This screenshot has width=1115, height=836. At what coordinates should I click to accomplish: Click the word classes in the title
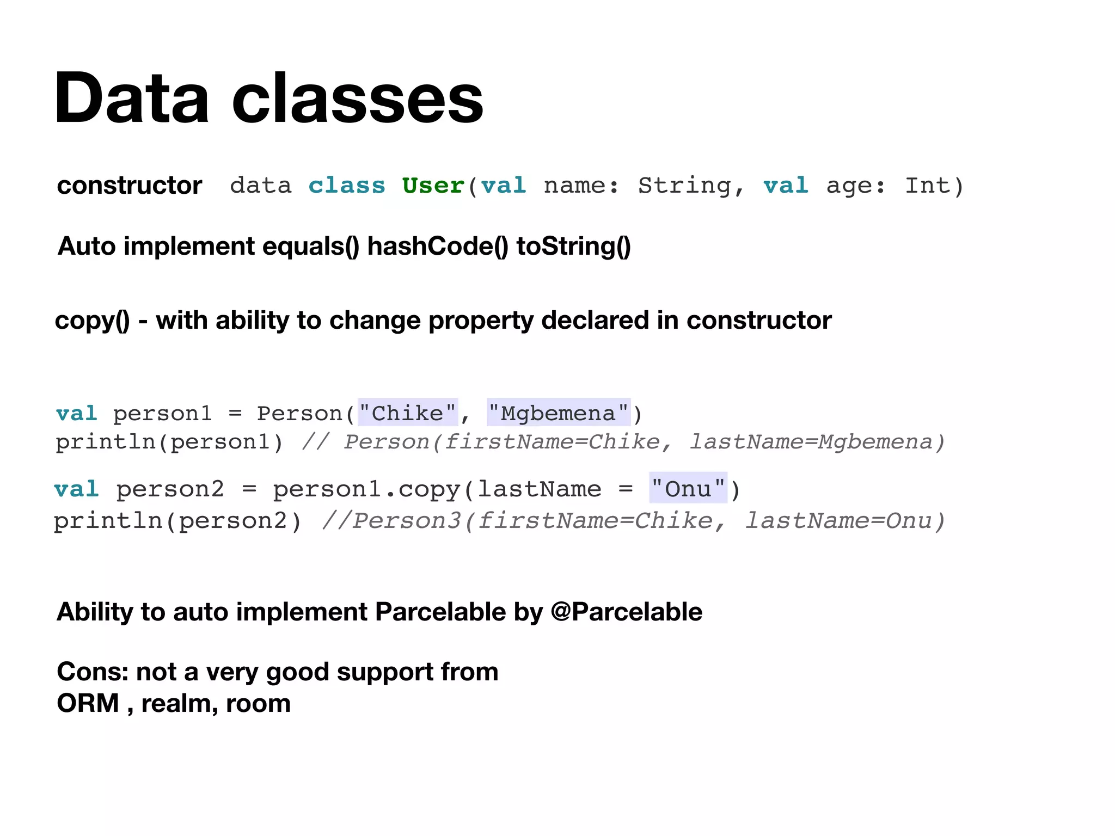click(x=358, y=99)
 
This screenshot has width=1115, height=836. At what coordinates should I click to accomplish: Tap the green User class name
click(x=433, y=186)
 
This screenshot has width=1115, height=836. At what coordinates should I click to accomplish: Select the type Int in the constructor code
click(x=927, y=186)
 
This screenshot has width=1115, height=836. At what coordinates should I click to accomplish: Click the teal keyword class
click(x=347, y=186)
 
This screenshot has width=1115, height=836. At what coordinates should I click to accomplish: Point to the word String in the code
click(x=684, y=186)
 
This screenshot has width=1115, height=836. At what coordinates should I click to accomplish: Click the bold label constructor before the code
click(x=130, y=186)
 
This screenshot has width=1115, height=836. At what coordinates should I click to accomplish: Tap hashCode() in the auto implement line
click(x=438, y=246)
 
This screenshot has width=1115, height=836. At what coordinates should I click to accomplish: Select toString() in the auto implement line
click(x=573, y=246)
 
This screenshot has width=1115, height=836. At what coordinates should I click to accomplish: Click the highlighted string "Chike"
click(x=408, y=413)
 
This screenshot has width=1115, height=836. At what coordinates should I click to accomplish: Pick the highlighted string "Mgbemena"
click(x=559, y=413)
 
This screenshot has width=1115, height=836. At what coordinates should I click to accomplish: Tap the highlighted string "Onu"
click(x=688, y=489)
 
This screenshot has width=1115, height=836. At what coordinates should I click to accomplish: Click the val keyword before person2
click(x=76, y=489)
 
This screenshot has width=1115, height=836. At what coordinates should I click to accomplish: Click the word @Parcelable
click(x=626, y=612)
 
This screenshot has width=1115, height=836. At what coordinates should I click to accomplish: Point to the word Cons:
click(x=93, y=672)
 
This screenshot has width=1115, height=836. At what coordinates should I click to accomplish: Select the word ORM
click(x=88, y=703)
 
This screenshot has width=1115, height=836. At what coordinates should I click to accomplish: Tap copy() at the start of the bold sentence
click(x=93, y=321)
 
